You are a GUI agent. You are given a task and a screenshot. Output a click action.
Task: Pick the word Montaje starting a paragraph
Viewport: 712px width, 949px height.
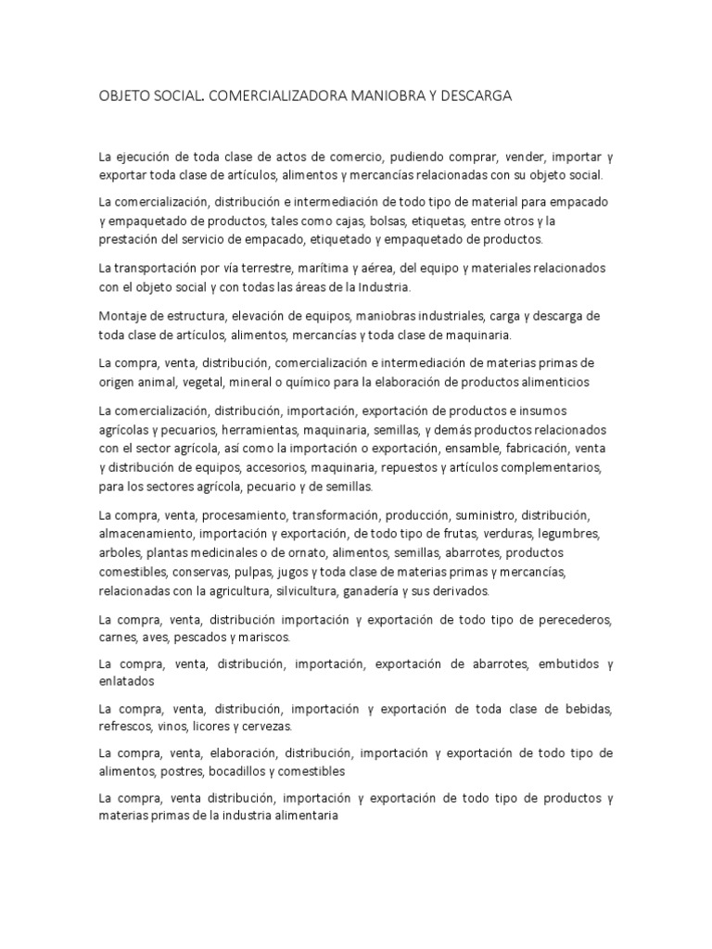point(123,316)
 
